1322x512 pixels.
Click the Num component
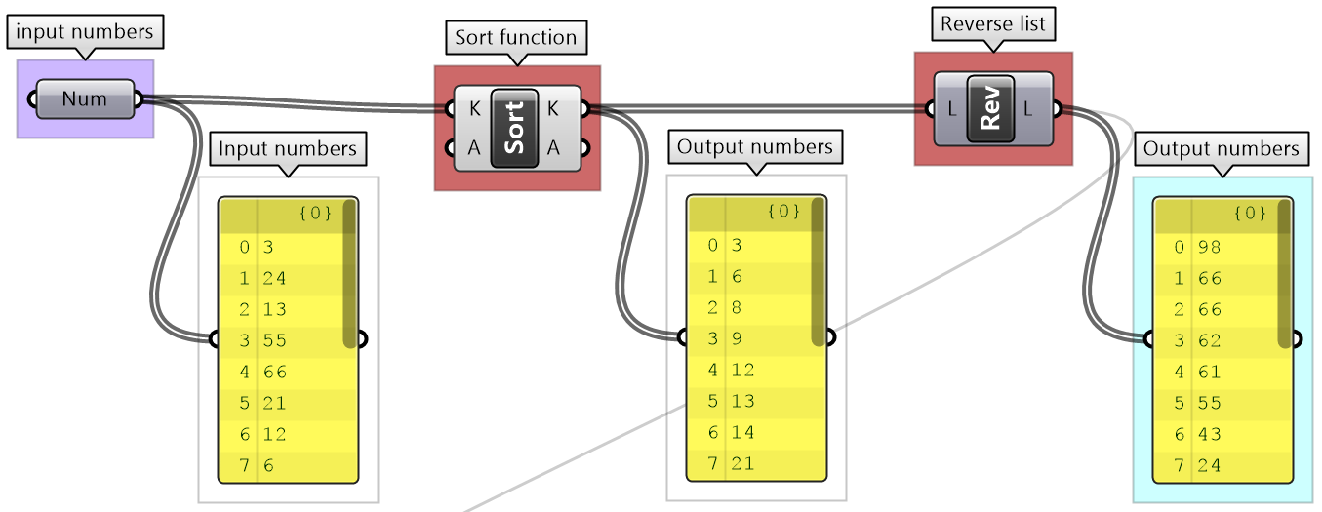pyautogui.click(x=84, y=99)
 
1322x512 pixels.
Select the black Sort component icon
pyautogui.click(x=514, y=128)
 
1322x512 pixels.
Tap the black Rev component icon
pyautogui.click(x=990, y=109)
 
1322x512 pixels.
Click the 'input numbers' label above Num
pyautogui.click(x=85, y=32)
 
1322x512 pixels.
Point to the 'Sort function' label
pyautogui.click(x=516, y=38)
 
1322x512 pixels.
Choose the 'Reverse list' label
pyautogui.click(x=991, y=24)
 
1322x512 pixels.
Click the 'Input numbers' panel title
pyautogui.click(x=288, y=148)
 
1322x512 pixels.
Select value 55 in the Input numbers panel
pyautogui.click(x=275, y=340)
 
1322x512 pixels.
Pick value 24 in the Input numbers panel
pyautogui.click(x=275, y=278)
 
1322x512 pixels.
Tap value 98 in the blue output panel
pyautogui.click(x=1210, y=247)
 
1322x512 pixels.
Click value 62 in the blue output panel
pyautogui.click(x=1210, y=340)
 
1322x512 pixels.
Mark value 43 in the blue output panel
pyautogui.click(x=1210, y=434)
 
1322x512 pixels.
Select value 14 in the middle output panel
pyautogui.click(x=743, y=432)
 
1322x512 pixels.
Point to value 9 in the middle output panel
pyautogui.click(x=738, y=338)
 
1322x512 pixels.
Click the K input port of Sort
pyautogui.click(x=449, y=109)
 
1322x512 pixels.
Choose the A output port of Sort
pyautogui.click(x=584, y=148)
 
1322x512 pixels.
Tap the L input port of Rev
pyautogui.click(x=927, y=109)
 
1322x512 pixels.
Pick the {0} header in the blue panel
pyautogui.click(x=1250, y=212)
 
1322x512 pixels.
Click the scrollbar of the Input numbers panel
pyautogui.click(x=349, y=283)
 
